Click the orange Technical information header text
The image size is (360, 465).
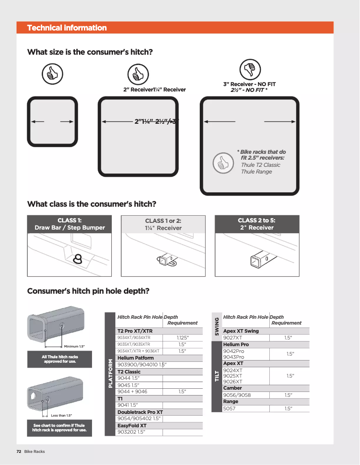[67, 28]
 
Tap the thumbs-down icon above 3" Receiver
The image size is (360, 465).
[247, 70]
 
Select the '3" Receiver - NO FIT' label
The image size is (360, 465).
[249, 84]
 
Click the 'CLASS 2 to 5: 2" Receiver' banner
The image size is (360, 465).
[257, 224]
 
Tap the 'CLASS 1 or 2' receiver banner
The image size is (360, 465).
[163, 224]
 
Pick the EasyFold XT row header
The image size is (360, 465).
[132, 425]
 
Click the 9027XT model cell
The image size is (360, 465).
[233, 338]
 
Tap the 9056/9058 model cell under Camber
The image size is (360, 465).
[237, 395]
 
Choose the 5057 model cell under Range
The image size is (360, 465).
[229, 409]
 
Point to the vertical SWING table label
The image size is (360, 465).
[217, 326]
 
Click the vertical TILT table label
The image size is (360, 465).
[217, 377]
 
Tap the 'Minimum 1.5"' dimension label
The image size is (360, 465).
[74, 346]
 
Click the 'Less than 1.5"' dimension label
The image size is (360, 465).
[61, 416]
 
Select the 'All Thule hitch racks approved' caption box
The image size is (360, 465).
[59, 359]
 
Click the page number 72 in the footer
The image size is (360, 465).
[19, 451]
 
